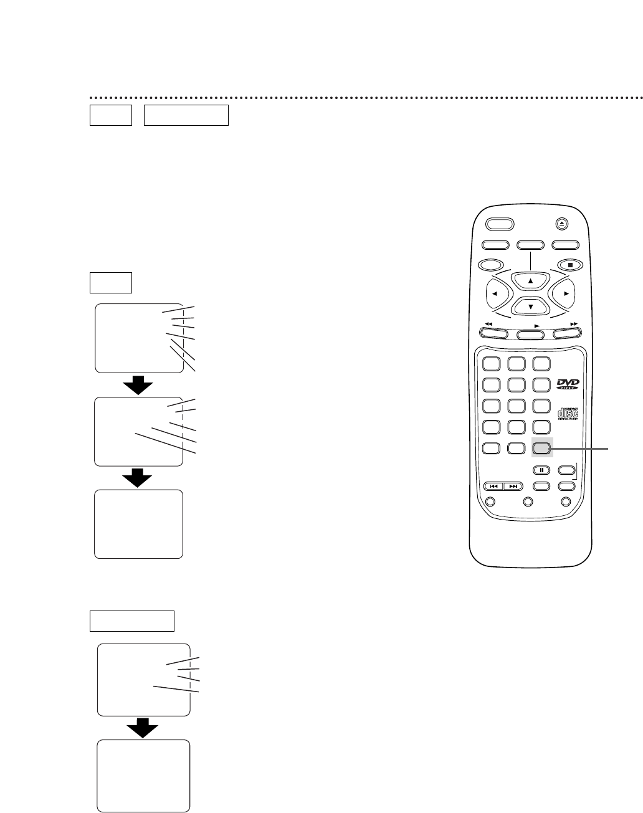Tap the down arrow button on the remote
(531, 307)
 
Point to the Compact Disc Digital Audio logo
(568, 413)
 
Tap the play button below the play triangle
(531, 335)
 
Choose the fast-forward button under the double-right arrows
(568, 335)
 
